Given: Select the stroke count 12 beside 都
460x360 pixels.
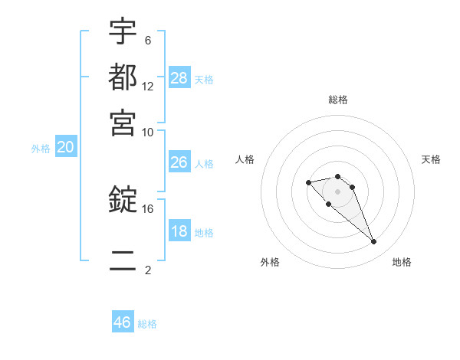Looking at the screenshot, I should [148, 86].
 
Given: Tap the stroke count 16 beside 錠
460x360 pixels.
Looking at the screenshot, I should [148, 208].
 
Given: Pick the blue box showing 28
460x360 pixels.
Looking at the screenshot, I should [179, 77].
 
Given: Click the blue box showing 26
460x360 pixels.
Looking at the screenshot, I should [179, 162].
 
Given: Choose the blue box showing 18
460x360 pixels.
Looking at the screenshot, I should [179, 231].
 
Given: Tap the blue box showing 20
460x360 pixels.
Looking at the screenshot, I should [65, 148].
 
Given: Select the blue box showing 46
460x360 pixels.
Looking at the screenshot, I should [123, 322].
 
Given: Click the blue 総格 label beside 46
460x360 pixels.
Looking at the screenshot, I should [147, 324].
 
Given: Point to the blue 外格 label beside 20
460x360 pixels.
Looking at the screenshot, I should [41, 149].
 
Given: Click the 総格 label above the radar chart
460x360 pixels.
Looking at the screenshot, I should [337, 100].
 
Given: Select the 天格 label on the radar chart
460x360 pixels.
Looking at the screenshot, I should [431, 159].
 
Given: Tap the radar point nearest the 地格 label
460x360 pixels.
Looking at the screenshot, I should [373, 242].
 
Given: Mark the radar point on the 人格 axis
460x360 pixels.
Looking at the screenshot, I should [308, 182].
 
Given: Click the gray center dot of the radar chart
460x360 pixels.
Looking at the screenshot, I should [337, 191].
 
